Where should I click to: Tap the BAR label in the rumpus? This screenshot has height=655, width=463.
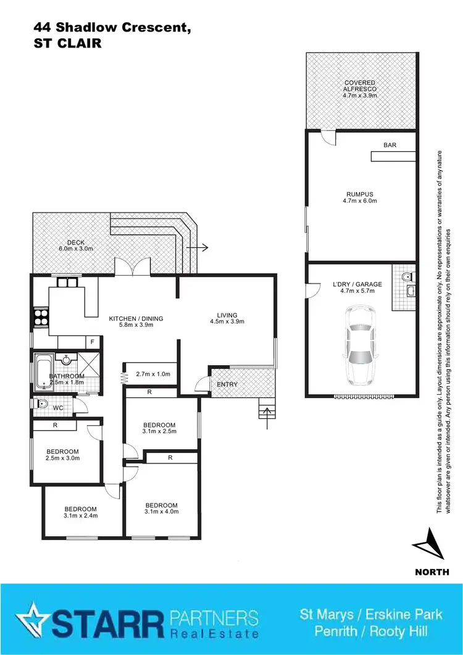(x=390, y=145)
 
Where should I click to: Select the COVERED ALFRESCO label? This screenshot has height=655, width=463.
(x=360, y=89)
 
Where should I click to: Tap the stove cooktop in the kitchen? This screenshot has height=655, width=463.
(x=40, y=316)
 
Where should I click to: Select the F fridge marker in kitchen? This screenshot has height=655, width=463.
(x=92, y=342)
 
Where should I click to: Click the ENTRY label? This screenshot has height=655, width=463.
(x=227, y=384)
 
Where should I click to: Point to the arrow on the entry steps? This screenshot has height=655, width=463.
(x=266, y=416)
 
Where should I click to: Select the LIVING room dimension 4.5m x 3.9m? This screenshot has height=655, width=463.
(x=227, y=321)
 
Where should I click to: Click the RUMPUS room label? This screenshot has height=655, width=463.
(x=359, y=197)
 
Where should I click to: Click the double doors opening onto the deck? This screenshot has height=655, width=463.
(x=133, y=267)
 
